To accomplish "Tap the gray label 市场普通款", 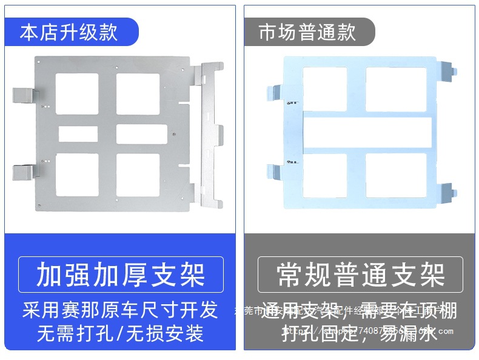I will (x=307, y=32).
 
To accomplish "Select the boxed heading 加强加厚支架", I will (x=121, y=275).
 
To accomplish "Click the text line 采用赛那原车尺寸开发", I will (x=120, y=310).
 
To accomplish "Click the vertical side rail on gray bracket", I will (x=210, y=133).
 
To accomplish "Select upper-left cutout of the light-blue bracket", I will (x=324, y=89).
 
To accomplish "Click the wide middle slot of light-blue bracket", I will (x=367, y=133).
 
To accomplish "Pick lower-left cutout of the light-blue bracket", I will (x=324, y=175).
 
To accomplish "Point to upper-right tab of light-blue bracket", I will (x=446, y=71).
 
